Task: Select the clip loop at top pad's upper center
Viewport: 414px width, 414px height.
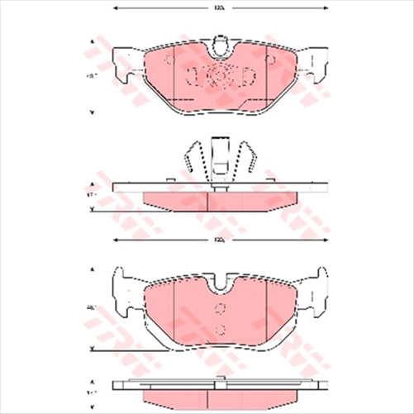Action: [x=219, y=43]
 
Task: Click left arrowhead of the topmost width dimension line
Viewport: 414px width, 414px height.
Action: [x=115, y=8]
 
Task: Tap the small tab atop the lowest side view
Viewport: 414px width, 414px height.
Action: [x=219, y=380]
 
